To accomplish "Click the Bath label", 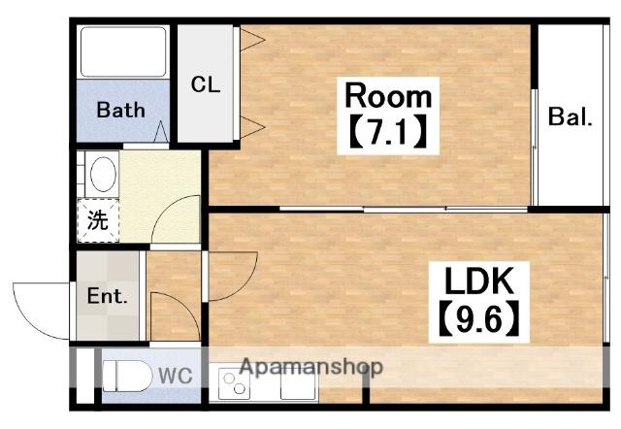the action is pyautogui.click(x=120, y=110).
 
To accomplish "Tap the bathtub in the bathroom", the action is pyautogui.click(x=123, y=51).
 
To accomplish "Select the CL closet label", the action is pyautogui.click(x=205, y=84).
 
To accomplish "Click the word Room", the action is pyautogui.click(x=388, y=95).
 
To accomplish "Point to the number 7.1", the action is pyautogui.click(x=388, y=131).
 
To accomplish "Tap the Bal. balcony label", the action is pyautogui.click(x=570, y=116).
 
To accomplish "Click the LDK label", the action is pyautogui.click(x=478, y=280).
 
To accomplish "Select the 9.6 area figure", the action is pyautogui.click(x=478, y=321).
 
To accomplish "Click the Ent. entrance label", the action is pyautogui.click(x=108, y=295).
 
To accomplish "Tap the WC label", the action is pyautogui.click(x=176, y=376).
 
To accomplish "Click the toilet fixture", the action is pyautogui.click(x=127, y=376).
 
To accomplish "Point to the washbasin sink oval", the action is pyautogui.click(x=104, y=175).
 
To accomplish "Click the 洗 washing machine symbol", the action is pyautogui.click(x=98, y=220).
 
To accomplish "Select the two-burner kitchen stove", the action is pyautogui.click(x=234, y=383).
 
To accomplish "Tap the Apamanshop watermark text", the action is pyautogui.click(x=311, y=367).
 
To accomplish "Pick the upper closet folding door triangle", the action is pyautogui.click(x=252, y=40).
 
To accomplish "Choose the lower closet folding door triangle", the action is pyautogui.click(x=252, y=127).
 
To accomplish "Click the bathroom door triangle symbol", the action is pyautogui.click(x=161, y=131).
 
